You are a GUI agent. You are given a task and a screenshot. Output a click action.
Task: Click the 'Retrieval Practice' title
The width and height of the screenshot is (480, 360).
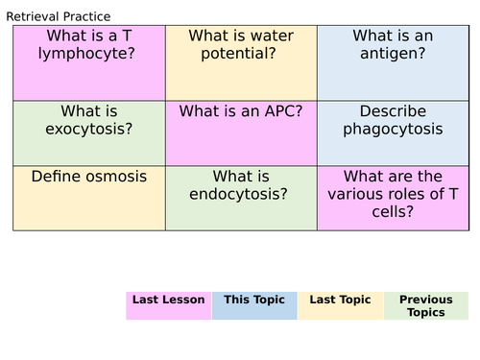click(x=58, y=16)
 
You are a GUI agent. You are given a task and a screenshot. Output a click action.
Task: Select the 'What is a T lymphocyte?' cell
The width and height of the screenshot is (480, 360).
click(x=88, y=63)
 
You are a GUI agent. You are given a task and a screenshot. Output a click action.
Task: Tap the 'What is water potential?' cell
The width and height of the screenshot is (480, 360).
click(x=241, y=63)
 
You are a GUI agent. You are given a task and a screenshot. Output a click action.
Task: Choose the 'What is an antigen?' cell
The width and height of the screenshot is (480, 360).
click(x=394, y=63)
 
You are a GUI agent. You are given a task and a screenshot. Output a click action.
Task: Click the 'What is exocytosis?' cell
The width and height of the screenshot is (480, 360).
click(x=88, y=133)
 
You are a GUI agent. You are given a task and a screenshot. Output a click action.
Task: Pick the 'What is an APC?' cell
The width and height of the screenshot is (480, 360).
click(x=241, y=133)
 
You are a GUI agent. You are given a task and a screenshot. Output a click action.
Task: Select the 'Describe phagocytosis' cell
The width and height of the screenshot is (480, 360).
click(x=394, y=133)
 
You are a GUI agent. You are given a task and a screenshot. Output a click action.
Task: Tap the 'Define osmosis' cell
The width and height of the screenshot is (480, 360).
click(x=88, y=198)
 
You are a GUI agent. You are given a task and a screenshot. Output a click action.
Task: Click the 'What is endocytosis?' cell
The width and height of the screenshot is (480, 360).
click(x=241, y=198)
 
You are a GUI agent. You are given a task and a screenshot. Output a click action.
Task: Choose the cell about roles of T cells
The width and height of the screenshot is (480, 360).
click(x=394, y=198)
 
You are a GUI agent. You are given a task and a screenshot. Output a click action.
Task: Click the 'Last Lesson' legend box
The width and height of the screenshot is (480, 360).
click(x=168, y=305)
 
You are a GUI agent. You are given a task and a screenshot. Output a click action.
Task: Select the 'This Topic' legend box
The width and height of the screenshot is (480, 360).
click(x=254, y=305)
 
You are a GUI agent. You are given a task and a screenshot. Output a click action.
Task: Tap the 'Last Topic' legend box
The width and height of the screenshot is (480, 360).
click(x=341, y=305)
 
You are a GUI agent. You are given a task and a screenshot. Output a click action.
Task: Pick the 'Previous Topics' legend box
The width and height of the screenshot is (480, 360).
click(x=426, y=305)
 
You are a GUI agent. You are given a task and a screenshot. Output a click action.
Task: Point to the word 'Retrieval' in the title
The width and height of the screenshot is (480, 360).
click(x=36, y=16)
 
